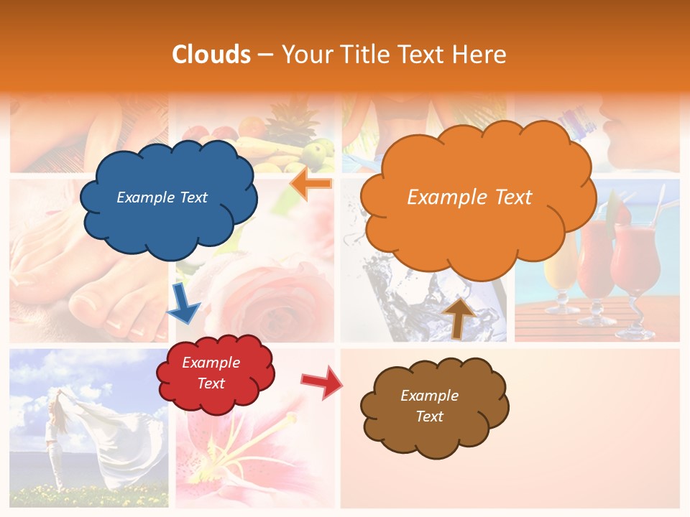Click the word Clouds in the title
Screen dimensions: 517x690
point(211,55)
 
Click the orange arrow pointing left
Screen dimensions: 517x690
point(311,184)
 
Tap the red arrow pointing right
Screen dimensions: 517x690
point(322,382)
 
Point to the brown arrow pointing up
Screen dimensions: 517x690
point(458,317)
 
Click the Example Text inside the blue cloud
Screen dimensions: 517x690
point(162,197)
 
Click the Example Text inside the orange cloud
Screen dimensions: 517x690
point(469,197)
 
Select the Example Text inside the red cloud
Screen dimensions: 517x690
point(211,373)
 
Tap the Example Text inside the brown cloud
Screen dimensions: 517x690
point(429,406)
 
